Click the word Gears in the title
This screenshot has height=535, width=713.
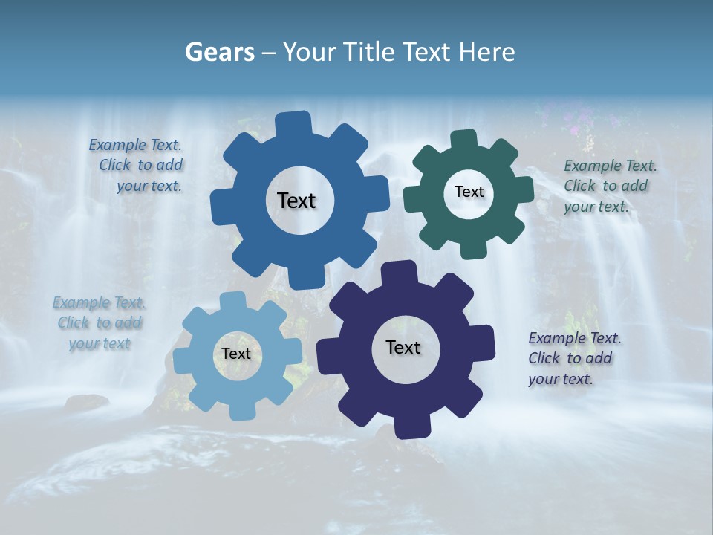[x=219, y=52]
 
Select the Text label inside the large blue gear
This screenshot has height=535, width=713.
[x=296, y=201]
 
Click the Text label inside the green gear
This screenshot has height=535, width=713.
[x=469, y=192]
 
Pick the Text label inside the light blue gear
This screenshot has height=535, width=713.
[x=236, y=354]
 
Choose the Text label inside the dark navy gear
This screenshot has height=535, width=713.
[x=403, y=347]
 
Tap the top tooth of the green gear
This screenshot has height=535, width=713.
[x=463, y=140]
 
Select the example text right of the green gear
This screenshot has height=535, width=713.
[x=609, y=187]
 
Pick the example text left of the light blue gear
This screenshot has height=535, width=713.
[x=100, y=323]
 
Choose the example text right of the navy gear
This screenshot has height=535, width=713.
[x=573, y=359]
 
